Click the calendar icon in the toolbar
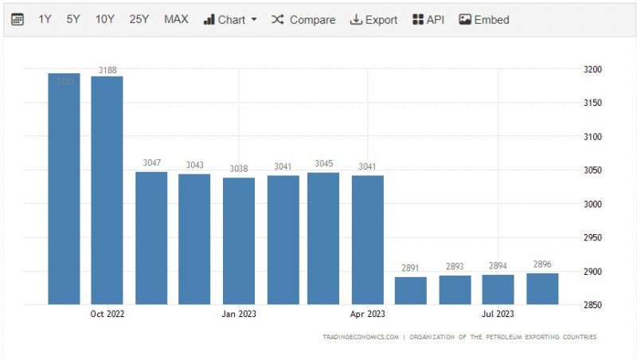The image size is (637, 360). (18, 19)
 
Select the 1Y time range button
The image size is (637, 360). (45, 19)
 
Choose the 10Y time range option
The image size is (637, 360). (105, 19)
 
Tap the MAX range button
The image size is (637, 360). (176, 19)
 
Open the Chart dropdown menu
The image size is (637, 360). (230, 19)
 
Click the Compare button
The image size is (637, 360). (303, 19)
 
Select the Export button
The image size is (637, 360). (373, 19)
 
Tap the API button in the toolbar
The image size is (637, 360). (428, 19)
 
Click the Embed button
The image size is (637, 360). (484, 19)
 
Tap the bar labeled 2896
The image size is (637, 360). (542, 288)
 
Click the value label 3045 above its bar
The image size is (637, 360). (323, 164)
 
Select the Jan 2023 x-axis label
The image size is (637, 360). (239, 314)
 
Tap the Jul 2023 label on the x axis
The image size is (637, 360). (498, 314)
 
